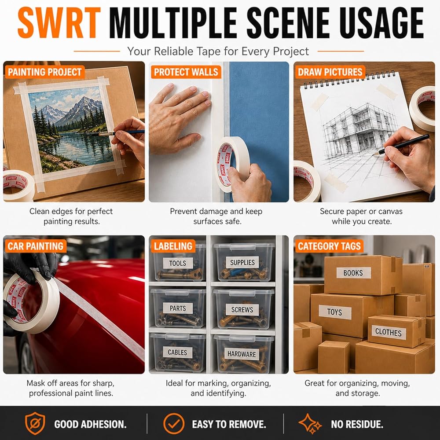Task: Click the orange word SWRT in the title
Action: click(x=59, y=23)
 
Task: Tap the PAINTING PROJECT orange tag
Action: click(x=44, y=72)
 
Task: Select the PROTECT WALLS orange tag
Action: click(x=186, y=72)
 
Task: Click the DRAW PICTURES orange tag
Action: click(x=330, y=72)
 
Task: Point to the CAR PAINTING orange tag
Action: click(x=36, y=246)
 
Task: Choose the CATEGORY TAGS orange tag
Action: click(x=329, y=246)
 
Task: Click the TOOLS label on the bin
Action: click(x=178, y=263)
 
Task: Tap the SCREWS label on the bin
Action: click(x=242, y=310)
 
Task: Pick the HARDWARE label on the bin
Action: click(x=242, y=354)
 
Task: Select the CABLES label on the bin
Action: click(x=177, y=352)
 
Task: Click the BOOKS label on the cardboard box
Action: click(x=353, y=273)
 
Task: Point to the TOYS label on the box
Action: click(x=335, y=312)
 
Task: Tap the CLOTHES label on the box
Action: click(x=389, y=332)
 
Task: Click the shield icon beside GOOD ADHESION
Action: click(x=35, y=423)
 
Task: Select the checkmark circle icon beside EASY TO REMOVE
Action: click(x=174, y=424)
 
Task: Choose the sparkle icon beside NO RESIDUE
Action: click(x=310, y=424)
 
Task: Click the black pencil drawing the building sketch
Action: click(x=401, y=145)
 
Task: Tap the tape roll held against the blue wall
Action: click(x=232, y=164)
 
